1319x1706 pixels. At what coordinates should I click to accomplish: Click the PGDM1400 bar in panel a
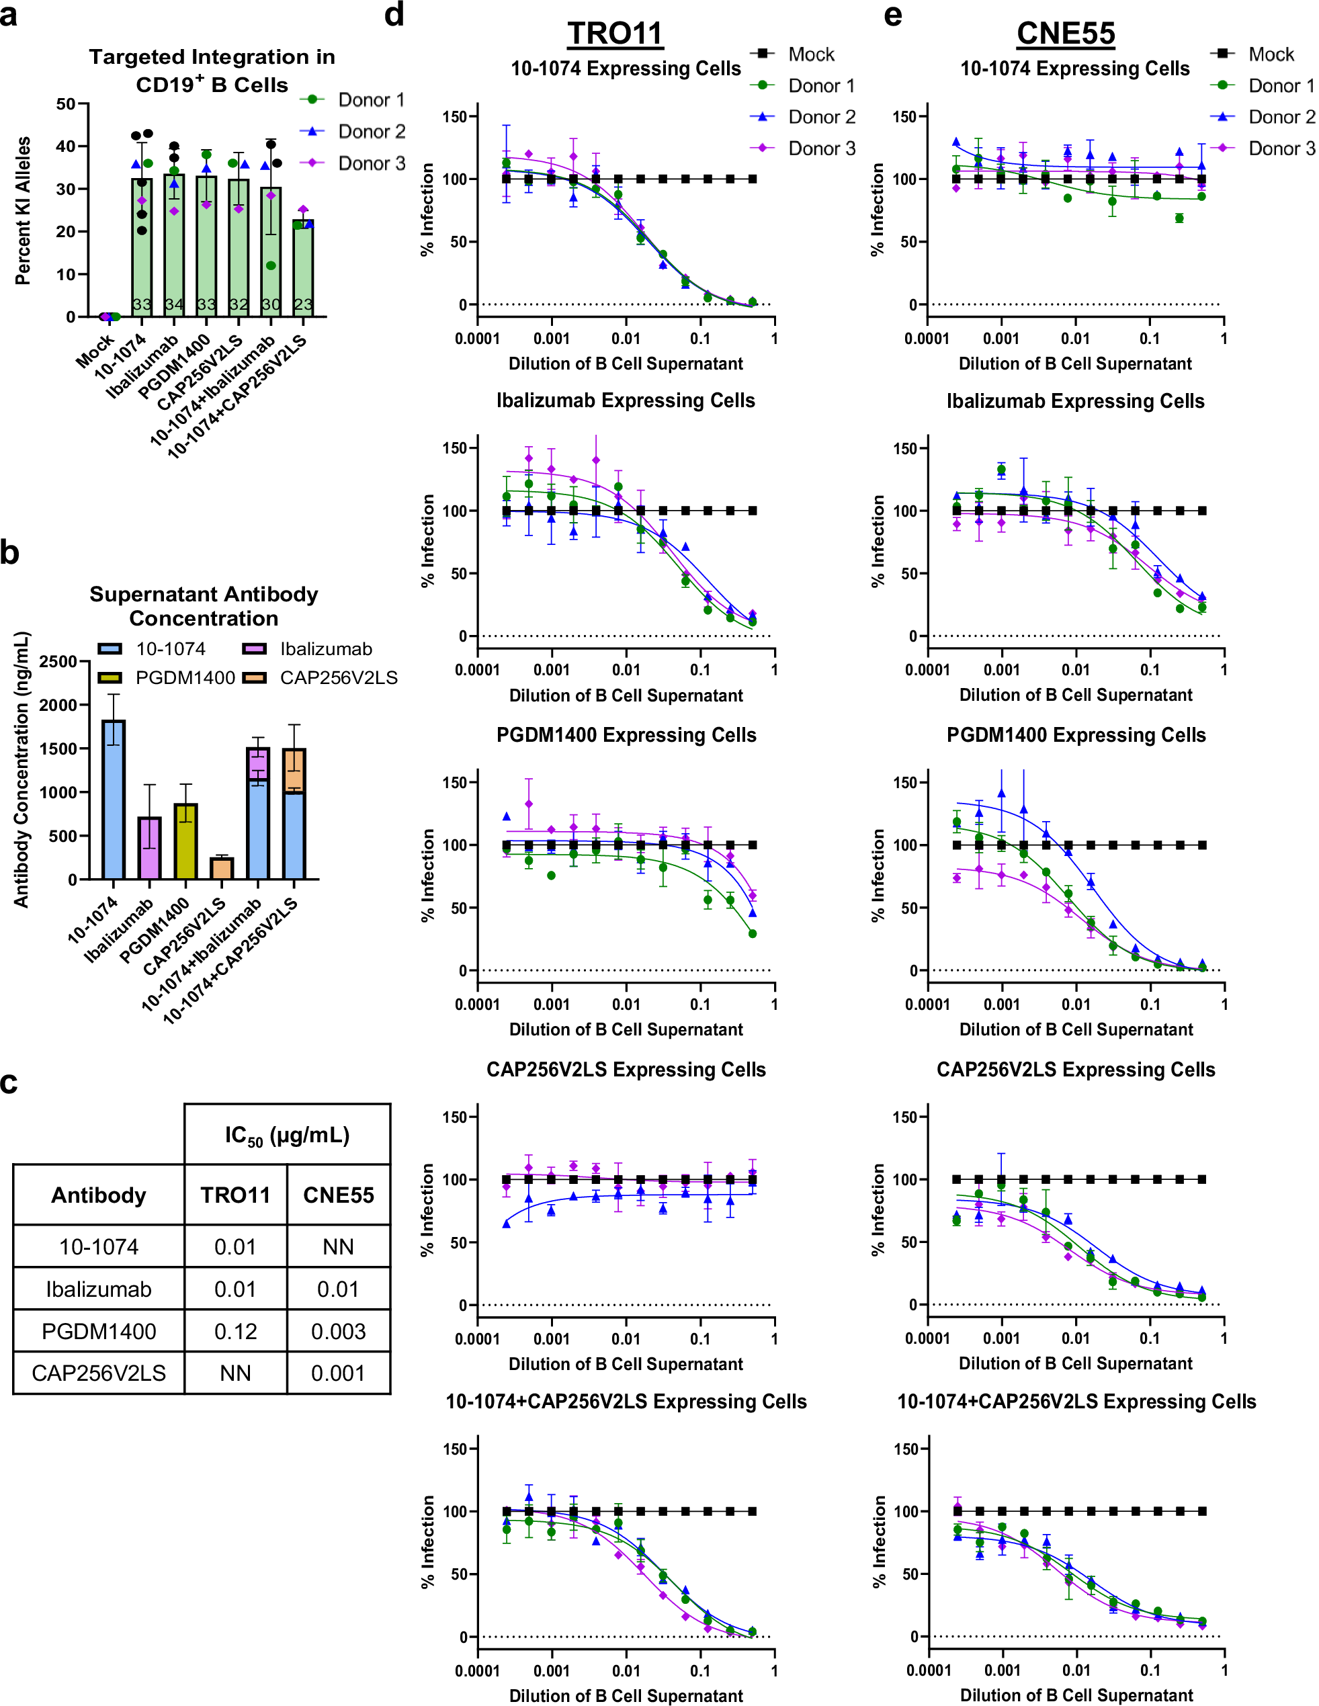tap(206, 250)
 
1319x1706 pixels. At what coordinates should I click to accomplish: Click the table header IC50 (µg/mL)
tap(287, 1135)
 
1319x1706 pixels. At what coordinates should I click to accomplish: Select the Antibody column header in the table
tap(98, 1195)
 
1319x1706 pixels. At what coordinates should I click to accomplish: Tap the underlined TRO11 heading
tap(615, 34)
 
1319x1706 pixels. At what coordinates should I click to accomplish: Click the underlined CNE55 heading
tap(1065, 34)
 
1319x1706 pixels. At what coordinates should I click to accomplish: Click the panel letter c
tap(9, 1083)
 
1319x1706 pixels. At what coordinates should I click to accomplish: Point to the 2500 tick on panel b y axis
tap(61, 662)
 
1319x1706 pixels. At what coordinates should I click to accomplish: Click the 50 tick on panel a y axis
tap(66, 104)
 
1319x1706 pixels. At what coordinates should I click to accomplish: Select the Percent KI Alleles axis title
tap(24, 211)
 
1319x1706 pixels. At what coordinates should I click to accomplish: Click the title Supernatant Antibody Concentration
tap(204, 605)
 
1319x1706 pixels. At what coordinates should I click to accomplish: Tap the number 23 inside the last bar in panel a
tap(303, 304)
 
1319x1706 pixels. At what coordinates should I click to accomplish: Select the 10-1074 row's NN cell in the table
tap(338, 1246)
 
